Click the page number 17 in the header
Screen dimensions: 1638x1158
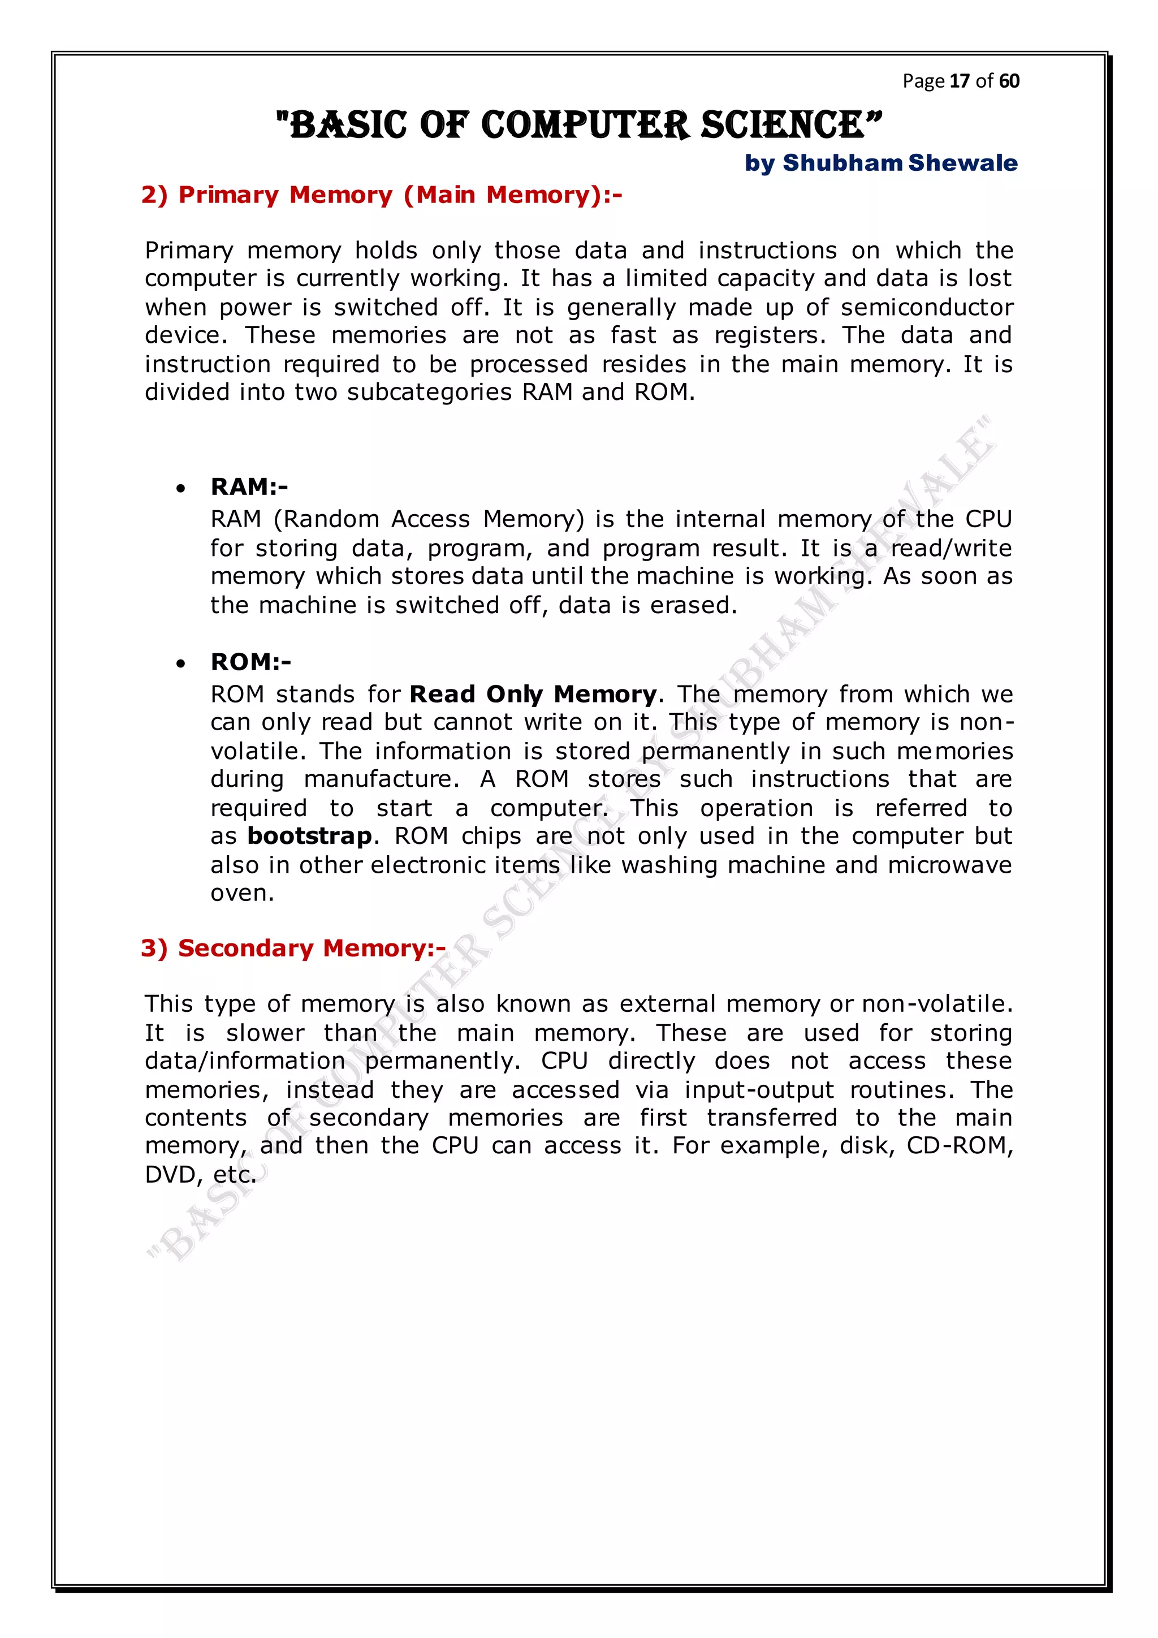click(x=960, y=81)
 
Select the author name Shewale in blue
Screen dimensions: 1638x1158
click(x=962, y=163)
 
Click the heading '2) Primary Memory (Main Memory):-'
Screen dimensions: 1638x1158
click(x=382, y=195)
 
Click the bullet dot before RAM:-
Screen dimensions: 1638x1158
click(x=181, y=489)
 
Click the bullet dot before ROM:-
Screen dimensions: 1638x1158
click(x=181, y=664)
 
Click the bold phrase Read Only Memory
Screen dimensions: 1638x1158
click(x=533, y=694)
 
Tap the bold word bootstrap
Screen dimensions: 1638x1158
click(x=309, y=836)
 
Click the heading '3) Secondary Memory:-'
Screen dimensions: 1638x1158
click(x=293, y=948)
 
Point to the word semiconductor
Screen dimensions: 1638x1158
click(x=926, y=308)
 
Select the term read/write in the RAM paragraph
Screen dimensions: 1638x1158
click(x=951, y=549)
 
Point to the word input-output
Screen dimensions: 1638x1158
click(x=759, y=1090)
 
